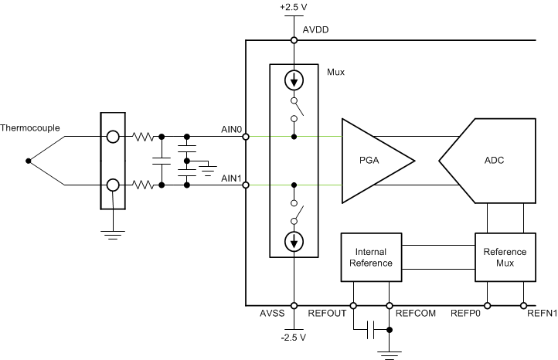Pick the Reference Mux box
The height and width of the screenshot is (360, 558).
(x=505, y=257)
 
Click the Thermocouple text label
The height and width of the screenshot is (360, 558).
(x=30, y=128)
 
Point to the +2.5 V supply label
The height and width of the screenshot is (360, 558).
(x=294, y=8)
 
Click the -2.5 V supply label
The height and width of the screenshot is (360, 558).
(x=294, y=338)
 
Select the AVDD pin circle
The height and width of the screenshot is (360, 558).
(x=294, y=40)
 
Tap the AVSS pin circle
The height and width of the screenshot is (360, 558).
(x=294, y=305)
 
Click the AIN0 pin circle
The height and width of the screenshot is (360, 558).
(x=245, y=137)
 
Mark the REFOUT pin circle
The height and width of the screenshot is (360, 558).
(x=353, y=305)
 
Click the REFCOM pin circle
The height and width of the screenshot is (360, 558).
(x=390, y=305)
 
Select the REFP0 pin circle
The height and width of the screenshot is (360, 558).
(x=487, y=305)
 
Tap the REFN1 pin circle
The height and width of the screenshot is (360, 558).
(x=524, y=305)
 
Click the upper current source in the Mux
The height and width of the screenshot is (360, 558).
(x=294, y=80)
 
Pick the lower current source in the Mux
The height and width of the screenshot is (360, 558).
(x=294, y=243)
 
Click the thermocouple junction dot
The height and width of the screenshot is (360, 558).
(x=29, y=161)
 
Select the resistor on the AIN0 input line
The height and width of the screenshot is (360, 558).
(x=144, y=137)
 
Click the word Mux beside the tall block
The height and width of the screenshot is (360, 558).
(x=336, y=72)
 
